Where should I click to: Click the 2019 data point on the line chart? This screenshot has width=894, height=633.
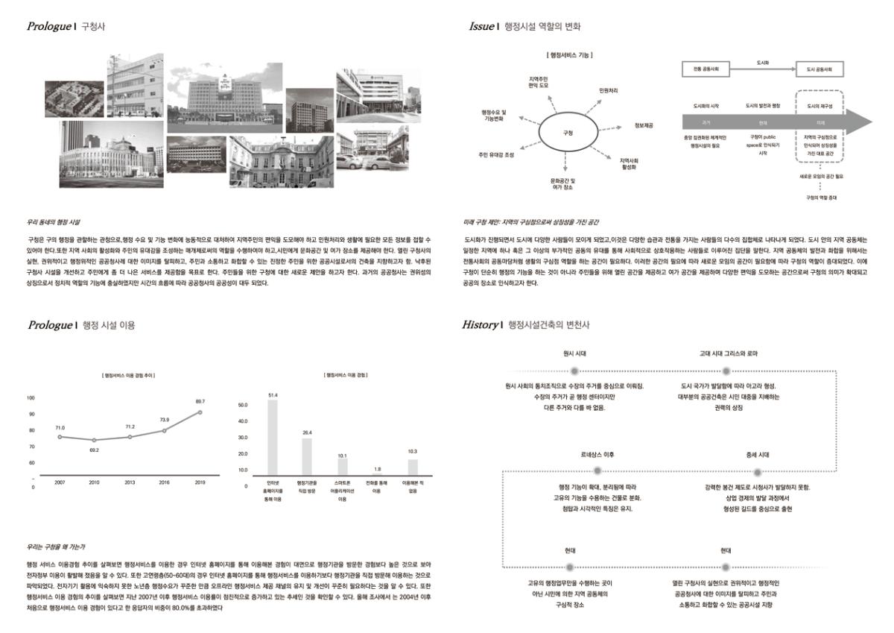click(x=200, y=412)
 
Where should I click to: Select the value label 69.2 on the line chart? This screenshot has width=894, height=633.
click(x=94, y=450)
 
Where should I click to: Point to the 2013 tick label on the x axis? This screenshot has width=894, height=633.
click(x=130, y=483)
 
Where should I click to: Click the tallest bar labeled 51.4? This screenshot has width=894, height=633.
click(x=273, y=437)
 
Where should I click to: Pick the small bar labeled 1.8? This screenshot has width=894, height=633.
click(x=377, y=474)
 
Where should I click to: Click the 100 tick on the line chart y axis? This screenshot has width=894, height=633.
click(x=31, y=398)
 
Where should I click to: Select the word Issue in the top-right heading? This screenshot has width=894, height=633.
click(x=481, y=27)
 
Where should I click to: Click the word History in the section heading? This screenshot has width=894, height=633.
click(x=479, y=324)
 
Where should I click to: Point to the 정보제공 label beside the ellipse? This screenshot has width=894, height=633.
click(x=644, y=125)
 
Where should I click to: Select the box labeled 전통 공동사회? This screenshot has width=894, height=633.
click(x=707, y=69)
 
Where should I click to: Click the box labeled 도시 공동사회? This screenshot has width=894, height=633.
click(x=819, y=69)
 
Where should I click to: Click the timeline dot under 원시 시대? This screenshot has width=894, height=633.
click(x=574, y=371)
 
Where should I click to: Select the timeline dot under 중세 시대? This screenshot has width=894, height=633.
click(x=758, y=471)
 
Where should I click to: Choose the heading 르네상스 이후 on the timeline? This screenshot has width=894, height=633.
click(x=597, y=454)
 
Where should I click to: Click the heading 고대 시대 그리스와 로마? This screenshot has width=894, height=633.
click(x=729, y=353)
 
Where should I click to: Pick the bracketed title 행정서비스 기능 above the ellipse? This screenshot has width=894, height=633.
click(x=569, y=54)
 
